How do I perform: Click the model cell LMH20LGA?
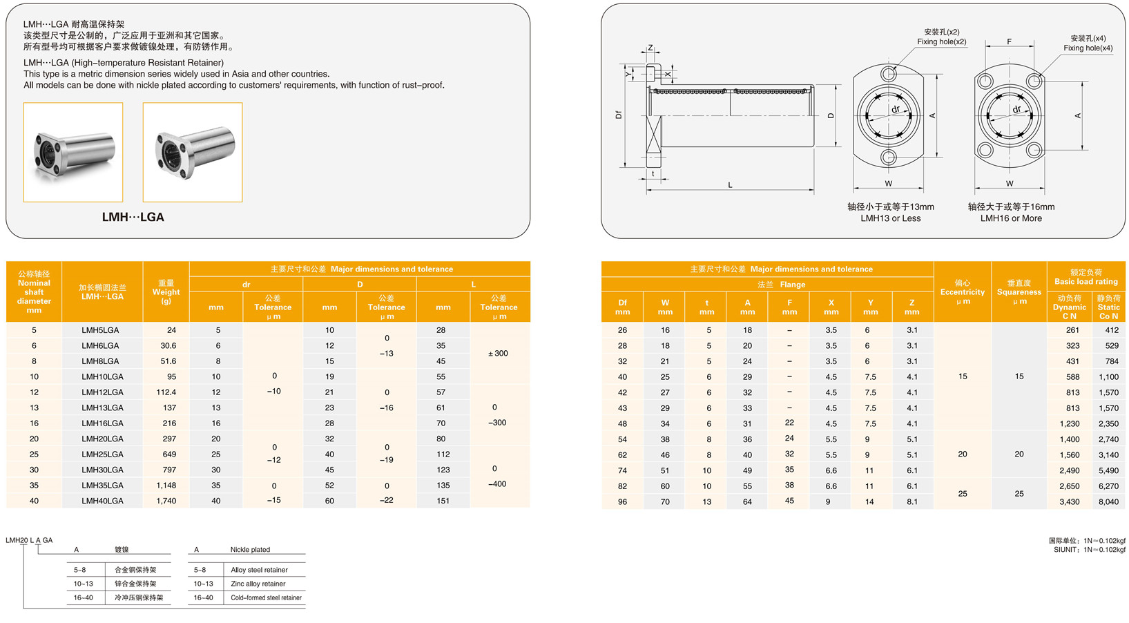[x=102, y=439]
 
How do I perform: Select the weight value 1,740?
[x=166, y=501]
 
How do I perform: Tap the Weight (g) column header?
[x=166, y=291]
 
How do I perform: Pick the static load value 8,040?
[x=1108, y=502]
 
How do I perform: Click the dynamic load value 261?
[x=1072, y=330]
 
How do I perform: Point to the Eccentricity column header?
[x=963, y=291]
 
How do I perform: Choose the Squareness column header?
[x=1019, y=291]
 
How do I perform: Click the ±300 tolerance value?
[x=498, y=354]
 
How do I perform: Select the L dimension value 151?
[x=443, y=501]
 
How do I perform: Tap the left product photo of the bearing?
[x=73, y=152]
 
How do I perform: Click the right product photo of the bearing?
[x=193, y=152]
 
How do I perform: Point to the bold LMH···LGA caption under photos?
[x=133, y=217]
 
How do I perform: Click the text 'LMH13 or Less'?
[x=890, y=218]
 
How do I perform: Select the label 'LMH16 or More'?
[x=1011, y=218]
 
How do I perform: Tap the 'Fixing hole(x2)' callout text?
[x=941, y=42]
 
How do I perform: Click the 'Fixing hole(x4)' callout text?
[x=1088, y=48]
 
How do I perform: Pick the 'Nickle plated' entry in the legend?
[x=250, y=550]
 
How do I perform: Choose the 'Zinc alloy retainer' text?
[x=258, y=584]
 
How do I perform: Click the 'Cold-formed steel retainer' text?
[x=266, y=597]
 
